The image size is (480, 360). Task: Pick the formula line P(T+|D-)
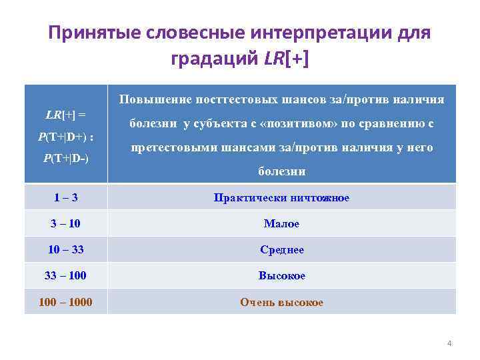point(65,158)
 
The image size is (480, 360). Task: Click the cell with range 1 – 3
point(66,197)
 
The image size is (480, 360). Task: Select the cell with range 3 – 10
point(66,223)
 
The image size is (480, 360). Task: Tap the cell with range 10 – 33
point(66,249)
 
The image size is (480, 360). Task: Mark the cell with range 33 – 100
point(66,275)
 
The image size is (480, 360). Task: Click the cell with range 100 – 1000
point(66,302)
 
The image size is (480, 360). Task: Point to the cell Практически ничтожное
point(281,197)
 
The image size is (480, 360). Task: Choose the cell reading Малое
point(281,223)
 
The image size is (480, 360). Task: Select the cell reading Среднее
point(281,249)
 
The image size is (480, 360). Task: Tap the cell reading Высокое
point(281,275)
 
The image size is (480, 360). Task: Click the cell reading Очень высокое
point(281,302)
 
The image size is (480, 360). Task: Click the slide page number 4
point(449,343)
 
